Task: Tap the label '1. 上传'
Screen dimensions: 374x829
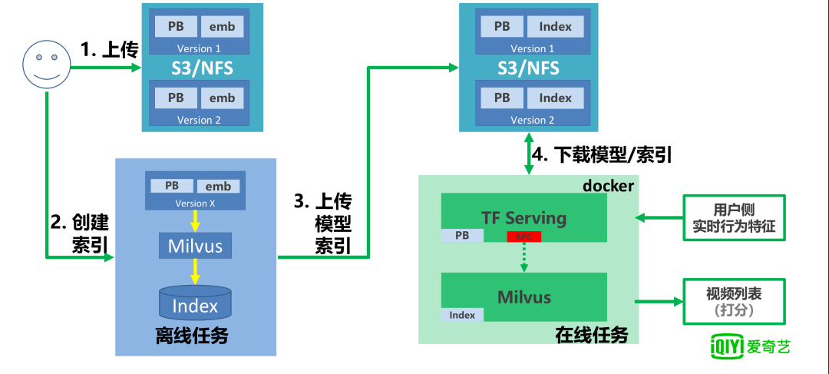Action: (x=109, y=51)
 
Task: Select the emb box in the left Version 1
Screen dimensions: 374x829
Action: (x=222, y=27)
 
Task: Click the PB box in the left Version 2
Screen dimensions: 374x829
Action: (x=176, y=98)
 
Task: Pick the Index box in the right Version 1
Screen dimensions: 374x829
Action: (x=555, y=27)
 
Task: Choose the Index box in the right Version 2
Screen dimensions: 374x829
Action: (x=555, y=98)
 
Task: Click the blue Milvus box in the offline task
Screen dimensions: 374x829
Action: (x=195, y=246)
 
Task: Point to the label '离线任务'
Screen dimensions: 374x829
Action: (x=191, y=336)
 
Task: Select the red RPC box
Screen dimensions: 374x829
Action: (x=523, y=237)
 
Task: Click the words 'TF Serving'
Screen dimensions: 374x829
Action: (x=523, y=217)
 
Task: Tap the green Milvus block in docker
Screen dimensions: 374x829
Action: (x=523, y=296)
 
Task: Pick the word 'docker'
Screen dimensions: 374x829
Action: (x=608, y=186)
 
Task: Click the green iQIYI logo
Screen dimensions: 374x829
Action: (x=748, y=346)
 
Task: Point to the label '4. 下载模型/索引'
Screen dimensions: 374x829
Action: (x=602, y=155)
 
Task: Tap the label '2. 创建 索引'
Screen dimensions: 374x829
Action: (x=79, y=233)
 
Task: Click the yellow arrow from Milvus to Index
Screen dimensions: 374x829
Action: (x=195, y=270)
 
